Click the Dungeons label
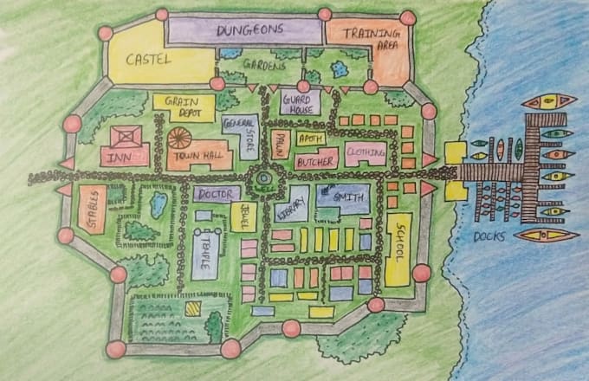pos(250,29)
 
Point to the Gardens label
pos(263,66)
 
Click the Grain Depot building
pos(184,107)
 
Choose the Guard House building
pos(301,102)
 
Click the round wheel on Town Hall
pos(180,137)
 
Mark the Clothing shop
pos(366,154)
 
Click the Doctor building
pos(217,193)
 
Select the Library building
pos(292,205)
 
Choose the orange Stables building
pos(92,209)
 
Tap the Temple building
pos(207,253)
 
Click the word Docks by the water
pos(490,236)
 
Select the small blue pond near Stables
pos(159,204)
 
